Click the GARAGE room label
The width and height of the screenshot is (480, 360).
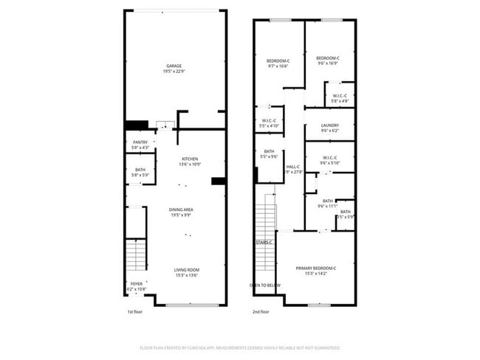[174, 66]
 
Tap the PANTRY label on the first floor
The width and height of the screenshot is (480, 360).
[140, 142]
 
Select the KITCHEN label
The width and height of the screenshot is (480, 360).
[190, 159]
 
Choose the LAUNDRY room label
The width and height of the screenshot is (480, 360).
[329, 125]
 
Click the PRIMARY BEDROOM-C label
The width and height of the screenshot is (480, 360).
[316, 268]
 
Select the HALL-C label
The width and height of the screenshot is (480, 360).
[293, 167]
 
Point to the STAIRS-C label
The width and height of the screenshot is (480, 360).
[264, 242]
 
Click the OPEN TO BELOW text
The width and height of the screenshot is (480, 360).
[264, 285]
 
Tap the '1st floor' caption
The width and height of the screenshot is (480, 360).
[134, 312]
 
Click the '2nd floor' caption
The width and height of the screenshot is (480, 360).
[261, 312]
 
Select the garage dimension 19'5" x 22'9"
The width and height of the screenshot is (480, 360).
[174, 72]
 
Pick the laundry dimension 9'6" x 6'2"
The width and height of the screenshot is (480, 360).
[329, 131]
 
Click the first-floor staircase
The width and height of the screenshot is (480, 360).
[137, 256]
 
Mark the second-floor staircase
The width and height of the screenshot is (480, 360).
[264, 221]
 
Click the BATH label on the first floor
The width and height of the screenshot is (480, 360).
[140, 170]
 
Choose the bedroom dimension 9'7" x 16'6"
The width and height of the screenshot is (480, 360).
[278, 66]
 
